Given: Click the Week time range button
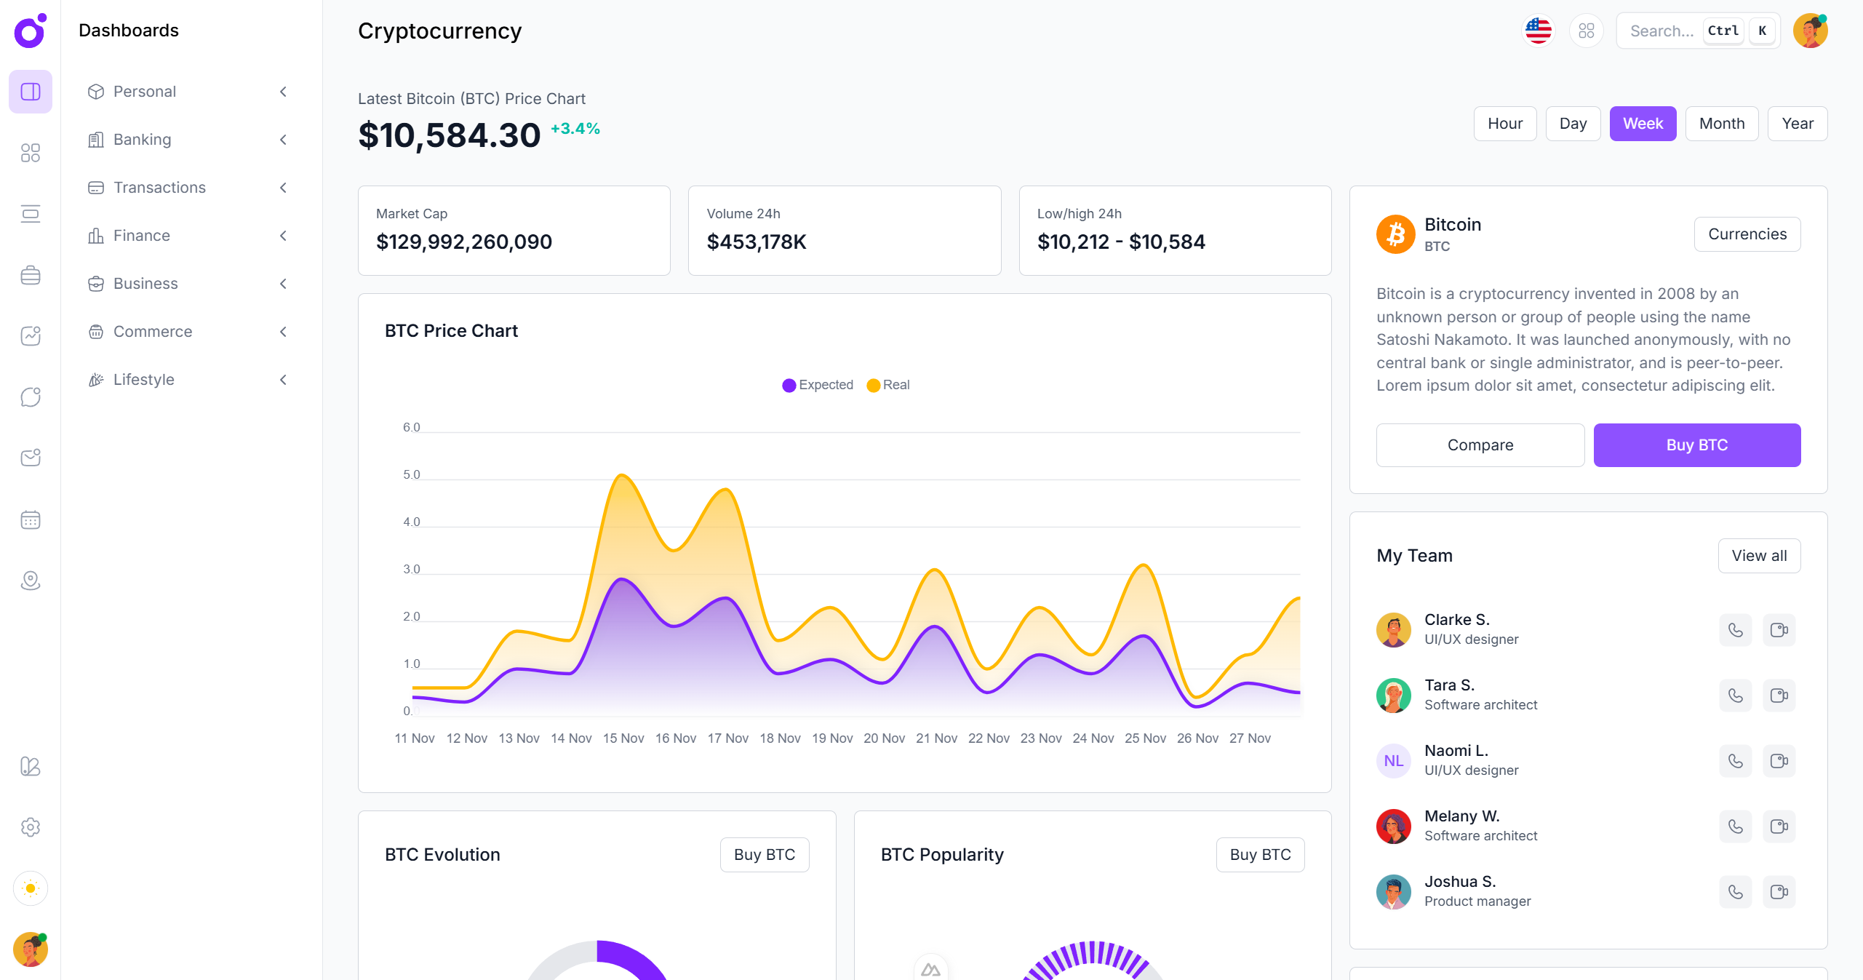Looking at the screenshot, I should tap(1642, 124).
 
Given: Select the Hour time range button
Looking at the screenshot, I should tap(1504, 124).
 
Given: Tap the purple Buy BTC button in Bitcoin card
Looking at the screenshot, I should tap(1696, 445).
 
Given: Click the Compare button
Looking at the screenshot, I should tap(1480, 445).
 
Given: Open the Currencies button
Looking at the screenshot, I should tap(1747, 234).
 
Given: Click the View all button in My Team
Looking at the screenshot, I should tap(1758, 556).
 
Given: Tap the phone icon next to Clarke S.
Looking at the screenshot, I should tap(1735, 630).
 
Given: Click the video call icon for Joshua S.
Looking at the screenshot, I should tap(1779, 892).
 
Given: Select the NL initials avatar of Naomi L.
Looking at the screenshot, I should tap(1393, 761).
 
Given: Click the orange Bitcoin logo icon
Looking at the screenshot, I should tap(1395, 234).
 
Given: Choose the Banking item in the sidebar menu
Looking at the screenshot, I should tap(143, 140).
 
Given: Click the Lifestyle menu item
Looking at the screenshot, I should tap(144, 380).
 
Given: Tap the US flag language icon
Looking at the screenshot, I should tap(1538, 31).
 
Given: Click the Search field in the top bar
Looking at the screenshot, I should tap(1661, 31).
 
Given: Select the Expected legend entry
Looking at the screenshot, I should tap(818, 385).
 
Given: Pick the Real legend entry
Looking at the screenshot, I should tap(888, 385).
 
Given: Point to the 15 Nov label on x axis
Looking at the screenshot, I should tap(623, 738).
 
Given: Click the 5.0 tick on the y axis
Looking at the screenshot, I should tap(412, 474).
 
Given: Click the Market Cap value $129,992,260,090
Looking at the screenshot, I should tap(463, 242).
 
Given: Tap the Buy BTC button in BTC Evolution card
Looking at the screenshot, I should tap(764, 855).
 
